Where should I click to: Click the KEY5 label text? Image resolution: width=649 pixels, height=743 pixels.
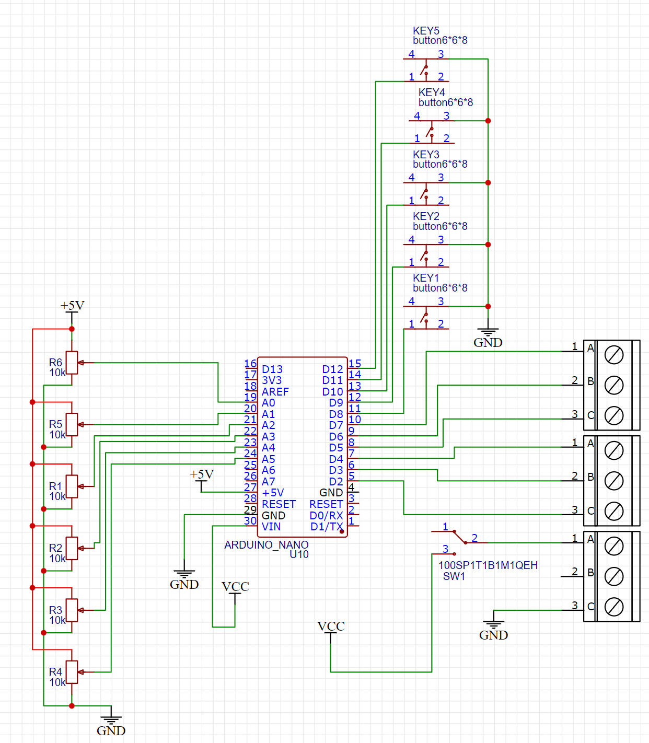point(426,31)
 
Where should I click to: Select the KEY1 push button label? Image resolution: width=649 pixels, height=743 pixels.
point(426,278)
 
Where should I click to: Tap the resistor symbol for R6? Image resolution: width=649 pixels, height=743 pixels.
point(72,363)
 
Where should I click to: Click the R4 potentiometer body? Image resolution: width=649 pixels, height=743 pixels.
point(72,672)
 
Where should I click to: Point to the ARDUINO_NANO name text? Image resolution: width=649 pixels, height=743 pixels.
point(266,545)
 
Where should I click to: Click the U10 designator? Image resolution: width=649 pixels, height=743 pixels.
point(299,554)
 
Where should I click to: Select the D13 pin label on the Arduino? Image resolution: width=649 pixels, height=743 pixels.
point(272,369)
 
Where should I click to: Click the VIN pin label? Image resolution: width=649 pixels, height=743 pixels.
point(271,527)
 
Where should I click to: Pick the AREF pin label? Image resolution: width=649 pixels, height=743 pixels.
point(275,392)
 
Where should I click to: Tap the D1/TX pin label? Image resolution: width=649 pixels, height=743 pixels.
point(326,527)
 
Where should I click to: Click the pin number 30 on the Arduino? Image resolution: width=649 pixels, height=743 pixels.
point(250,520)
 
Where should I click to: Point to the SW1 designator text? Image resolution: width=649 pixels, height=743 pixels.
point(454,576)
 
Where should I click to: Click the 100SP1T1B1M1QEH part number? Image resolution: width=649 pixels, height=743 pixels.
point(488,565)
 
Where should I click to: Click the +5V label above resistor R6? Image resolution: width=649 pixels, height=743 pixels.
point(72,305)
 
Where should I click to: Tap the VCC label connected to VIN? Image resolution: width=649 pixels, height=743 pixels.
point(235,586)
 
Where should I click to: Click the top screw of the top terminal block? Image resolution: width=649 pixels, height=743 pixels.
point(613,355)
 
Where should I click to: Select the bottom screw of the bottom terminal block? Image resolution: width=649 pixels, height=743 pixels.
point(613,607)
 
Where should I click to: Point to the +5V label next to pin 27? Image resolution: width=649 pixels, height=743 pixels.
point(202,474)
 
